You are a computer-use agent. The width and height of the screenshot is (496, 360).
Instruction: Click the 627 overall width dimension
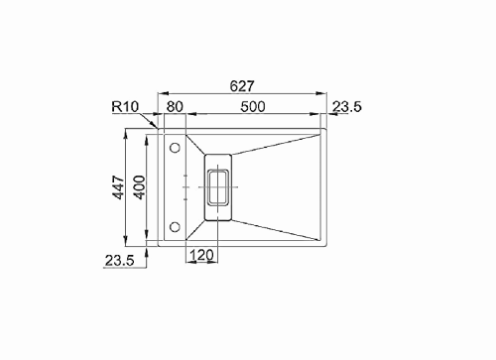242,86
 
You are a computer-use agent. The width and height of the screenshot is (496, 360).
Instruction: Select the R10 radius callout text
125,106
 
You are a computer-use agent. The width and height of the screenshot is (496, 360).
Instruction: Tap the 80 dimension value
175,107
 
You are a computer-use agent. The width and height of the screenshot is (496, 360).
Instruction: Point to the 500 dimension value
253,107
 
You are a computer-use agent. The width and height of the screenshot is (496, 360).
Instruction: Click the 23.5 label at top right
347,107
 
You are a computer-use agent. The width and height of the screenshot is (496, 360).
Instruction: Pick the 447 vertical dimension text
119,187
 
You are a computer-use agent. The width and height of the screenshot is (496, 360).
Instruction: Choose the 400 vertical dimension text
140,187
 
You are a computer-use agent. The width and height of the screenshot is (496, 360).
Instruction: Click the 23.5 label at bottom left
120,261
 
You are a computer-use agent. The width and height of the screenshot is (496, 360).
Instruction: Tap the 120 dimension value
201,255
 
